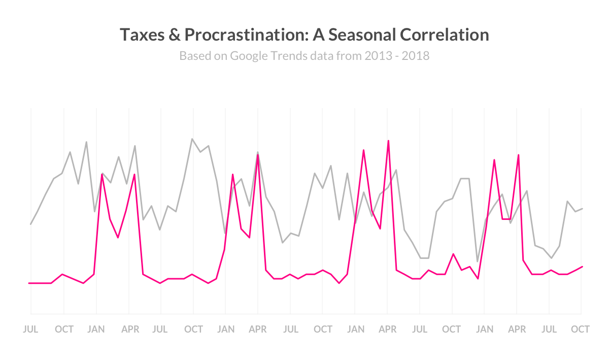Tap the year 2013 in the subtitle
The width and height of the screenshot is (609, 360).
click(377, 56)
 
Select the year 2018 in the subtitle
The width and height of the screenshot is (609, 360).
click(416, 56)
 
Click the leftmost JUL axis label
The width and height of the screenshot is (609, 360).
click(31, 329)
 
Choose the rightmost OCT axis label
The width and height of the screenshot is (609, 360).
click(580, 329)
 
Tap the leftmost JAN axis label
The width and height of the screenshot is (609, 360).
click(96, 329)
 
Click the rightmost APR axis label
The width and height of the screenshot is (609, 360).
click(517, 329)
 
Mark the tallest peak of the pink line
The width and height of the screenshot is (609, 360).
click(388, 141)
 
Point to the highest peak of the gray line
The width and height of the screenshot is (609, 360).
click(192, 139)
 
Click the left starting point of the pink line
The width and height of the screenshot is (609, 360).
click(30, 283)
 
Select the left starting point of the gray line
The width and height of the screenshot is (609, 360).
click(30, 224)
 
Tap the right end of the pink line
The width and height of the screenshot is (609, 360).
click(582, 266)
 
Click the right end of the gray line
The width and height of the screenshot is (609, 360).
click(582, 208)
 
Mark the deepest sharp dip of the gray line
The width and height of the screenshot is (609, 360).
click(478, 261)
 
